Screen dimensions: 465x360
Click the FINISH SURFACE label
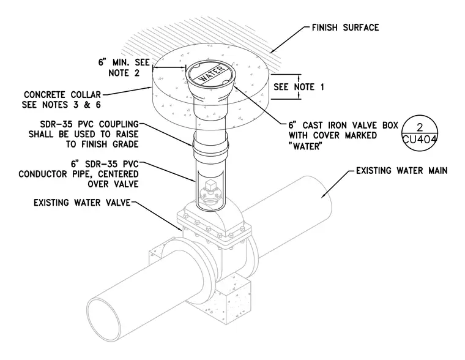point(345,28)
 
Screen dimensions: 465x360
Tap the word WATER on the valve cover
point(211,74)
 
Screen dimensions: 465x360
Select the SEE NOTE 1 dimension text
point(299,87)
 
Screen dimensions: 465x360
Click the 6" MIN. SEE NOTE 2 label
point(124,68)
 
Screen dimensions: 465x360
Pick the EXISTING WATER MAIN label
point(402,171)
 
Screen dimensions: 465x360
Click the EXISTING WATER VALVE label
point(82,203)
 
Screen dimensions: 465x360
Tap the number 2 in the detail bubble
point(420,127)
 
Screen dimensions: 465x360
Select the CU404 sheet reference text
point(420,140)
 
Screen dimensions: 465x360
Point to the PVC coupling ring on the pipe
point(210,145)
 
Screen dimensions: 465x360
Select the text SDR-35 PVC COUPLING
point(89,124)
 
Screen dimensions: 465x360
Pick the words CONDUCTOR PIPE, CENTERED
point(78,174)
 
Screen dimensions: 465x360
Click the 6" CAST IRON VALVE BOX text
point(343,126)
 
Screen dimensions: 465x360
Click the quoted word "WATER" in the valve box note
point(305,146)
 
